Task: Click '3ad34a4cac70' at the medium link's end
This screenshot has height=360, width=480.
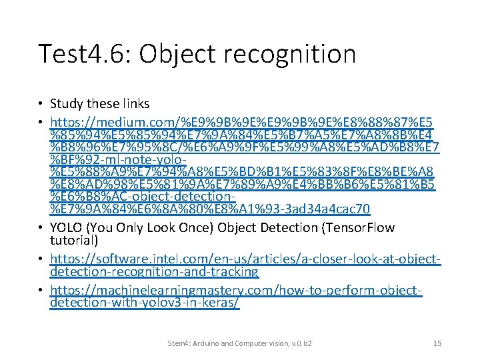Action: [x=329, y=209]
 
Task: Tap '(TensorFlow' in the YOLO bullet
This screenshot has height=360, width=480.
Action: [x=359, y=228]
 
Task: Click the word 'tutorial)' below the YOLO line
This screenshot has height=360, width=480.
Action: [x=74, y=240]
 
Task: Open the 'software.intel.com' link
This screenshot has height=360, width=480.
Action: [x=137, y=259]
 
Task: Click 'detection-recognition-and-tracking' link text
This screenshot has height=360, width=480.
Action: [x=154, y=271]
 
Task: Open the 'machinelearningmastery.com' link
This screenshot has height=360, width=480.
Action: [x=171, y=291]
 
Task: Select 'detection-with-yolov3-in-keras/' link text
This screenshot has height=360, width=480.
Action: [x=145, y=303]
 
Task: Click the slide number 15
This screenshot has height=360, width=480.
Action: [x=437, y=343]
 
